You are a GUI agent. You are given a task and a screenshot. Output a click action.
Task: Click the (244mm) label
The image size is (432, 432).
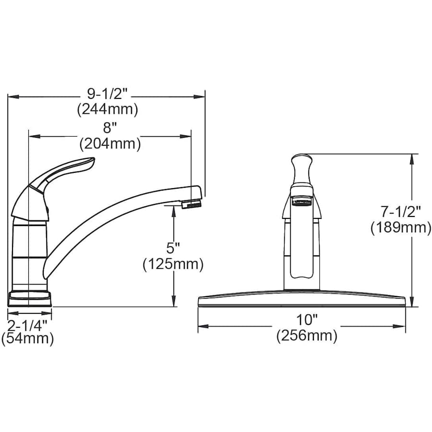(108, 110)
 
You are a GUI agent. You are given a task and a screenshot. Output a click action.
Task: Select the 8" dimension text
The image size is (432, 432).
(110, 129)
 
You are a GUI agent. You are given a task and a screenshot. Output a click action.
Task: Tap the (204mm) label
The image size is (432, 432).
(110, 144)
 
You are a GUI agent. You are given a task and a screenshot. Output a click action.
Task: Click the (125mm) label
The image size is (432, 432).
(173, 264)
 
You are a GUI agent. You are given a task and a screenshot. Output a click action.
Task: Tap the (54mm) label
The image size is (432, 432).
(27, 338)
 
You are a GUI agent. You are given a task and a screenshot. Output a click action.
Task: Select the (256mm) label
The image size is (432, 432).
(307, 336)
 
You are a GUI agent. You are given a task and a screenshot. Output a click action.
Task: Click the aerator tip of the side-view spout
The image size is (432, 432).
(192, 204)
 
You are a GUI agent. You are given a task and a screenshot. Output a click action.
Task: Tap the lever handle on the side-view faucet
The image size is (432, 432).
(62, 172)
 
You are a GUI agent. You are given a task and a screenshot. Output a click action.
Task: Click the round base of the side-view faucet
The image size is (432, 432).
(29, 298)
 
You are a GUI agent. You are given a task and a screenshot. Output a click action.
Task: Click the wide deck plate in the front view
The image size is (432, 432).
(302, 298)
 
